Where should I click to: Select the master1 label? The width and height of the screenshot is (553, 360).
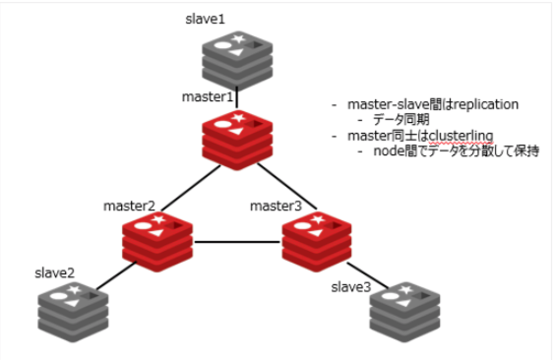click(x=207, y=97)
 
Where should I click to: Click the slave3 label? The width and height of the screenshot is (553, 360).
click(x=352, y=286)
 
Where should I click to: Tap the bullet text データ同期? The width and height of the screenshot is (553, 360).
click(x=398, y=119)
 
